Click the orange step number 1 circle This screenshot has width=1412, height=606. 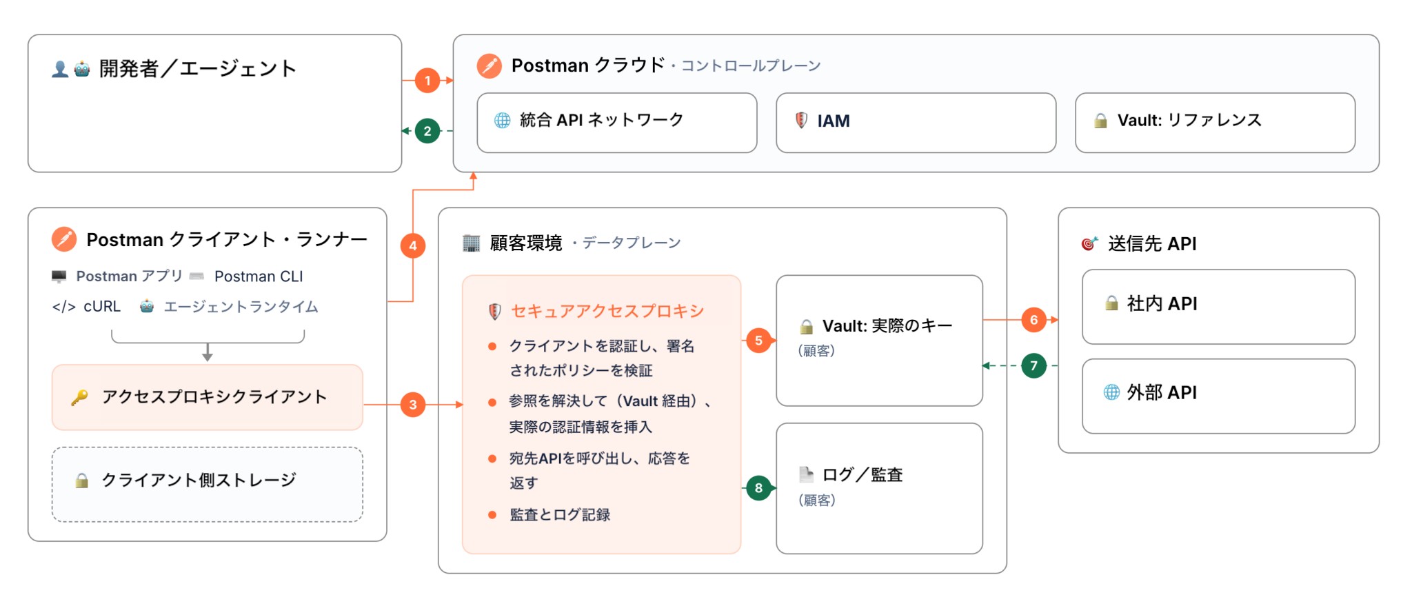427,81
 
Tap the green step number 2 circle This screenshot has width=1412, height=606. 427,131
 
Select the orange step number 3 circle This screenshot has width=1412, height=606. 413,405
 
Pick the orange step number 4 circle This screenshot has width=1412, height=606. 413,245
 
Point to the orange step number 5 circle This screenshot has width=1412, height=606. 758,340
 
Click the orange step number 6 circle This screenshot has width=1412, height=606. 1033,320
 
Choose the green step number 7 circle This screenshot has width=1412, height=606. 1033,365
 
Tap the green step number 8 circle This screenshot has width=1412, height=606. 758,488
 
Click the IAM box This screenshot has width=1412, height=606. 916,123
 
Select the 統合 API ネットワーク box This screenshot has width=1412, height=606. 617,123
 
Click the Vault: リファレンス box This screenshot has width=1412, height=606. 1215,123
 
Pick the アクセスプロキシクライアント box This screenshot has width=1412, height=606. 208,397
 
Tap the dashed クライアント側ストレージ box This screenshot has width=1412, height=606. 208,484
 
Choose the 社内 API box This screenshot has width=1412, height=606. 1218,307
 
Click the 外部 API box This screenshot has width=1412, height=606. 1218,396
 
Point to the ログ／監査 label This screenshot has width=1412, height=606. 863,474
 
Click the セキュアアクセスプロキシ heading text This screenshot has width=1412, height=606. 607,311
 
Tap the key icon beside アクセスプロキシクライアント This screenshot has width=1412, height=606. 79,398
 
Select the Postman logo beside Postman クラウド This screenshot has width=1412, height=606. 490,65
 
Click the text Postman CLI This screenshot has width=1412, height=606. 259,276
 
